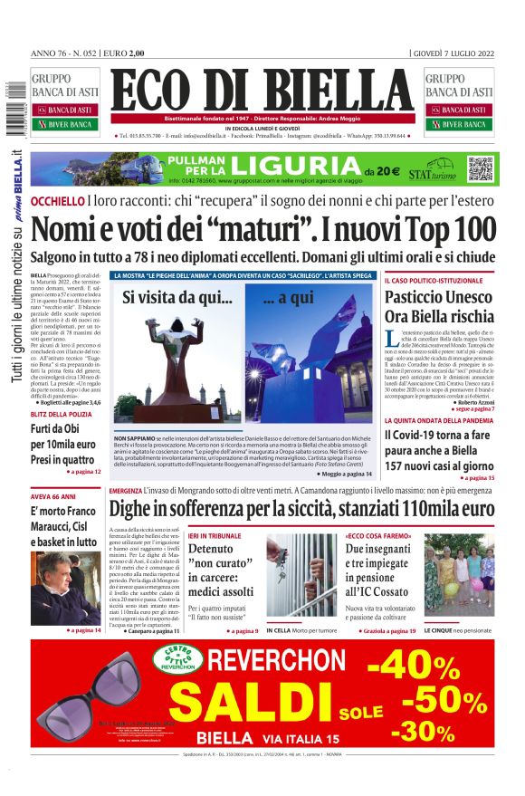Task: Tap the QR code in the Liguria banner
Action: pyautogui.click(x=480, y=168)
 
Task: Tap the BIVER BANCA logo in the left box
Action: pyautogui.click(x=65, y=124)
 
